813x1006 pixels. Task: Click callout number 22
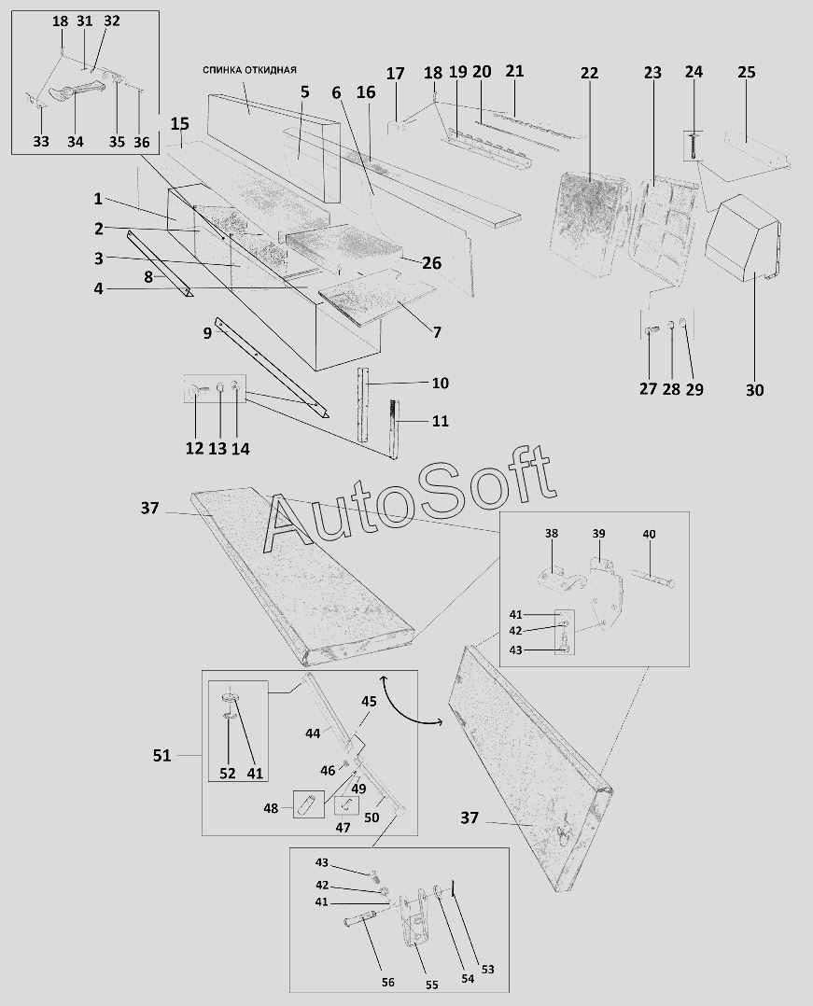[589, 72]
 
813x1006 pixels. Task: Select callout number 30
[754, 390]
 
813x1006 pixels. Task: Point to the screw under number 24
[694, 145]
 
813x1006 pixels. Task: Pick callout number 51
[162, 755]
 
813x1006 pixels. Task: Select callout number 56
[388, 982]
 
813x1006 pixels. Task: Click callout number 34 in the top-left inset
[75, 142]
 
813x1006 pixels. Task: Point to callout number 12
[194, 449]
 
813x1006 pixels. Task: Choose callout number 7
[436, 332]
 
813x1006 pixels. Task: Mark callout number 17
[396, 73]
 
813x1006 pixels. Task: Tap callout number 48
[271, 808]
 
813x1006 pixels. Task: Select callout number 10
[440, 384]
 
